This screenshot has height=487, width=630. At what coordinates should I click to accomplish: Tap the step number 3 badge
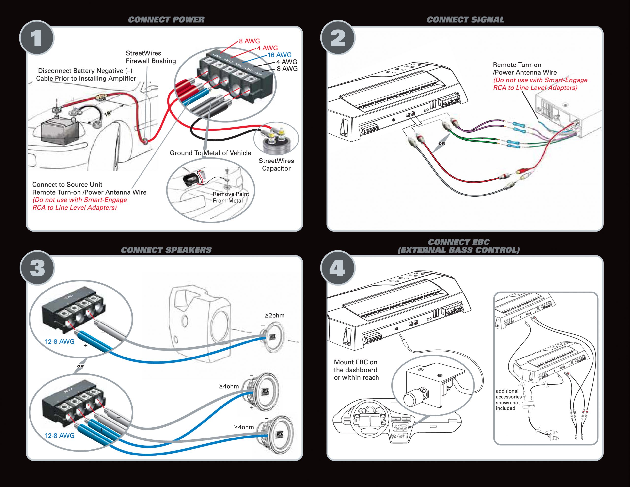(37, 268)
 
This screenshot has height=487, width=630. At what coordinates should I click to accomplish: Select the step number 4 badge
(338, 268)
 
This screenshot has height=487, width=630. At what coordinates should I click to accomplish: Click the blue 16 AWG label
(279, 55)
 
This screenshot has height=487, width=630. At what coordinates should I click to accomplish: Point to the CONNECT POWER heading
(166, 20)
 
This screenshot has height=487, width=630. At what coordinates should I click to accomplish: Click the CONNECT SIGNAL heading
(465, 20)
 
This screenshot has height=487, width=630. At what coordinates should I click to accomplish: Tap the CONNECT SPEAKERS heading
(166, 250)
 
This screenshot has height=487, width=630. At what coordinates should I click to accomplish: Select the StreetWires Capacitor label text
(276, 164)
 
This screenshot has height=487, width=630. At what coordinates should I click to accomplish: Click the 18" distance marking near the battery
(108, 114)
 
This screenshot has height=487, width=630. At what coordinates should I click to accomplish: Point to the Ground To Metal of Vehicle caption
(210, 153)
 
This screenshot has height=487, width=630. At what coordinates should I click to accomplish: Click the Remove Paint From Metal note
(231, 197)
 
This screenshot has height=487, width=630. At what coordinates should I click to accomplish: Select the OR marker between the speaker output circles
(80, 366)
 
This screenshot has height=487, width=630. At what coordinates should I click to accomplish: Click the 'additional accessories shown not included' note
(509, 400)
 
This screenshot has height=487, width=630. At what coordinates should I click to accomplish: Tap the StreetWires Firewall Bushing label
(151, 57)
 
